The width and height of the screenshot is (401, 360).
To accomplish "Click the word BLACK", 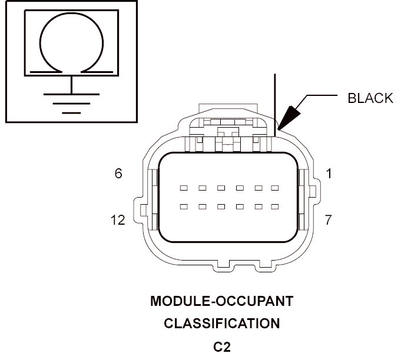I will [x=370, y=98].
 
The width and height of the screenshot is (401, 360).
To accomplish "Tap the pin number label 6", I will [x=118, y=174].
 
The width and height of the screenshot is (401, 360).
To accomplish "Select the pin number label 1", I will [x=329, y=174].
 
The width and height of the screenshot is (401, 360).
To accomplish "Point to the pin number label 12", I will [x=118, y=220].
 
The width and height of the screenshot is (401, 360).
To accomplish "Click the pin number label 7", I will [x=329, y=220].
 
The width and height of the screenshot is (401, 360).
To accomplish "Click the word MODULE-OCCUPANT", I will [x=222, y=302].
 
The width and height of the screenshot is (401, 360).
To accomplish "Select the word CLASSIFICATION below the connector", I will [x=222, y=324].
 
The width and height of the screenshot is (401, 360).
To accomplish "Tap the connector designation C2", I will [x=222, y=346].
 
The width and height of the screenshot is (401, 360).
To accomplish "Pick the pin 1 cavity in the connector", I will [x=274, y=188].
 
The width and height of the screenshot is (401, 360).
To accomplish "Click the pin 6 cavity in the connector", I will [x=184, y=188].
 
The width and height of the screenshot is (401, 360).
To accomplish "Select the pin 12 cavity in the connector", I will [x=184, y=206].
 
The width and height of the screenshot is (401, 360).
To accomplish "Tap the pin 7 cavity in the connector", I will [x=274, y=206].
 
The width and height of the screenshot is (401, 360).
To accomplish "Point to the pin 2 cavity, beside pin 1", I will [x=257, y=188].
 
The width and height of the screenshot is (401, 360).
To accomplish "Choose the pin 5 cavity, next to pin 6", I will [x=202, y=188].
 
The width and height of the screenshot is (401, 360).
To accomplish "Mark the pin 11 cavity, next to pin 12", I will [x=202, y=206].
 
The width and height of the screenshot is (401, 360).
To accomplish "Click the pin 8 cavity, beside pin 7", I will [x=257, y=206].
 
